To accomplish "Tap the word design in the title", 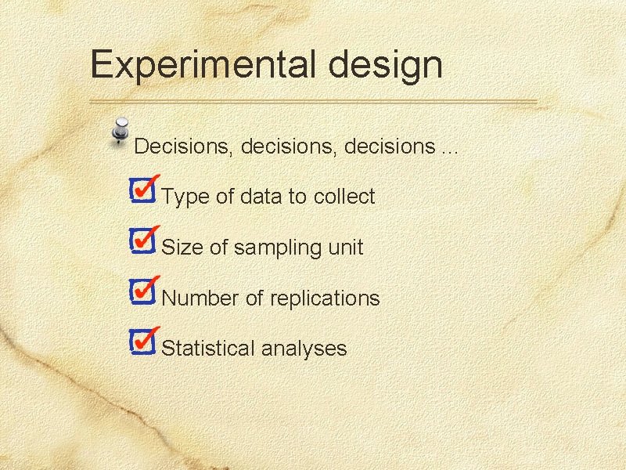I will [x=386, y=65].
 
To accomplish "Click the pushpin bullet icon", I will [x=120, y=131].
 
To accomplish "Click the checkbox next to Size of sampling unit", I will [x=142, y=242].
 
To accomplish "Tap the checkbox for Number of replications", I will [x=142, y=292].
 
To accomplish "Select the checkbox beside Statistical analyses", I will [x=142, y=342].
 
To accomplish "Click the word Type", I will [x=185, y=197].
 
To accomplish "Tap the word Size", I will [x=182, y=248].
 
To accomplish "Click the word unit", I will [x=345, y=248].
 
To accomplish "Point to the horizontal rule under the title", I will [x=313, y=102].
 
